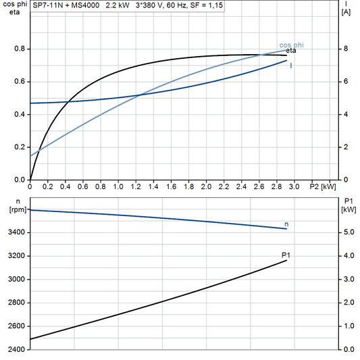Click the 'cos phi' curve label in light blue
coord(291,45)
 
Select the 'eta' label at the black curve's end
coord(291,51)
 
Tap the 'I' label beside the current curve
coord(291,66)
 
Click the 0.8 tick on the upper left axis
coord(20,49)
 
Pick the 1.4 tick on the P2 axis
coord(153,186)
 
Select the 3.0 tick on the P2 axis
coord(294,186)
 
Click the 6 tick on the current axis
coord(345,82)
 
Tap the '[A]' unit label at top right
coord(346,12)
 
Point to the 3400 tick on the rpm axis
coord(15,232)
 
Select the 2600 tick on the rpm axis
coord(15,326)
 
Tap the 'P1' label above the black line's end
coord(286,255)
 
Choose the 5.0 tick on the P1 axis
coord(349,232)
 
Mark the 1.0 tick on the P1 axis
coord(349,326)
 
